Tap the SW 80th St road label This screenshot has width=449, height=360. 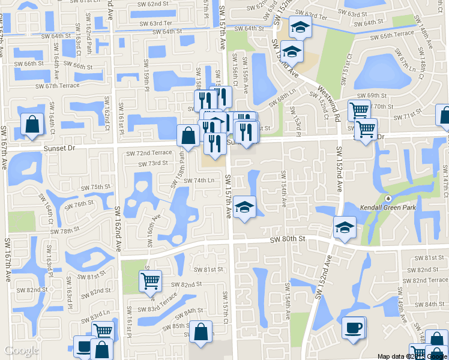coord(288,239)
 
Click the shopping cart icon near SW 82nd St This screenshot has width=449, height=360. coord(149,280)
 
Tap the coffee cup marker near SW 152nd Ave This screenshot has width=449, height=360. coord(354,327)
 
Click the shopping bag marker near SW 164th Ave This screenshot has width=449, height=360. coord(32,124)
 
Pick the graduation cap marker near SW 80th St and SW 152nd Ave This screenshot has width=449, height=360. coord(345,227)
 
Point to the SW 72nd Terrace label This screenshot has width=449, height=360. coord(148,154)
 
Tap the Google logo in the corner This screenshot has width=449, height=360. coord(22,350)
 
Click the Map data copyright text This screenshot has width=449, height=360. coord(412,356)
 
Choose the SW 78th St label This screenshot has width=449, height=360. coord(65,231)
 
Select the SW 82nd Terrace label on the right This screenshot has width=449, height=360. coord(425,280)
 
